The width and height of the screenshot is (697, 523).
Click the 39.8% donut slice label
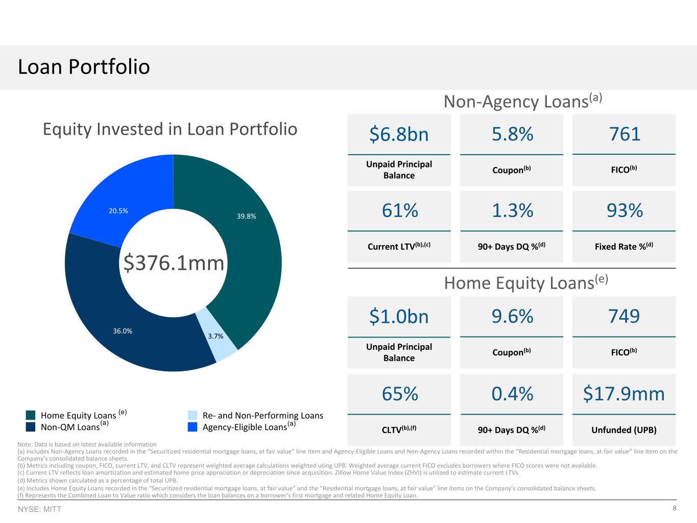[246, 216]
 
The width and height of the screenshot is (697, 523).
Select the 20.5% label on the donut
[118, 211]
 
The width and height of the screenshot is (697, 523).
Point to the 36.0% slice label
[123, 331]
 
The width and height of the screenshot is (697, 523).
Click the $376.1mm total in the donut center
[174, 263]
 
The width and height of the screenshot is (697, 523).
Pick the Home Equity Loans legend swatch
[31, 415]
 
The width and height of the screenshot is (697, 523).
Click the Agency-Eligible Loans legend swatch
[193, 427]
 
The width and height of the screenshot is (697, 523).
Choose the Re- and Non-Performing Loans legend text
[263, 415]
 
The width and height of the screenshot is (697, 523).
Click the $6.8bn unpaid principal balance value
[399, 134]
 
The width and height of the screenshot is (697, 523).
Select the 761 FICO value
[624, 134]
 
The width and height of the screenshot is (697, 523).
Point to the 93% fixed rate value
[624, 210]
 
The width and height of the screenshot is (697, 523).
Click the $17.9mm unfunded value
[623, 394]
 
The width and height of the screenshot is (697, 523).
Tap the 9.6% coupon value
[512, 316]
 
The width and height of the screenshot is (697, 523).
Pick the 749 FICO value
[624, 316]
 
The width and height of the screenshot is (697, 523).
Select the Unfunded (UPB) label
[624, 430]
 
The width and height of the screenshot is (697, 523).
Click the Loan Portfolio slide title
[84, 67]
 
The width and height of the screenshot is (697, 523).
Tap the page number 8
[675, 508]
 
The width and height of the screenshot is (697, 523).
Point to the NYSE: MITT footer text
[39, 509]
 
